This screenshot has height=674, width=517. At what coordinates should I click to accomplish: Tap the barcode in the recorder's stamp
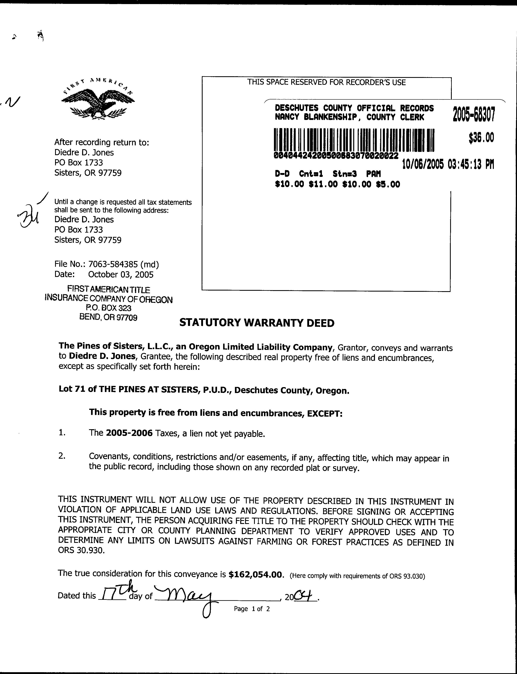354,140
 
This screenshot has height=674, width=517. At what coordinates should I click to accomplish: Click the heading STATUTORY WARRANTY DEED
257,323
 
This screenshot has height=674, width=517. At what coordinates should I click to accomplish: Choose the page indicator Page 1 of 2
252,609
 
